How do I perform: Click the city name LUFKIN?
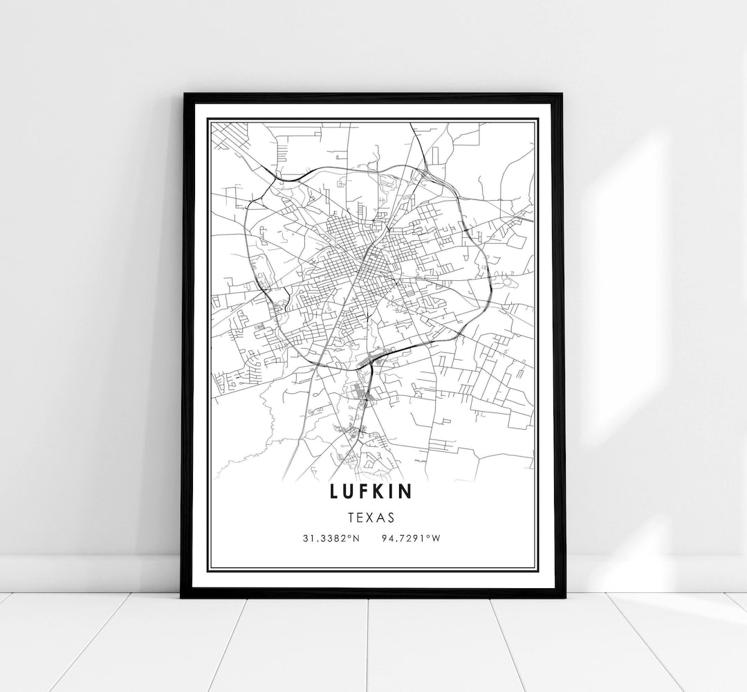(x=372, y=492)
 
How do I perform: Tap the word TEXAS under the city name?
(x=372, y=518)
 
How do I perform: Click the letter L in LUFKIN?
(x=335, y=492)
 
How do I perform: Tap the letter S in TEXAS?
(x=391, y=518)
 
